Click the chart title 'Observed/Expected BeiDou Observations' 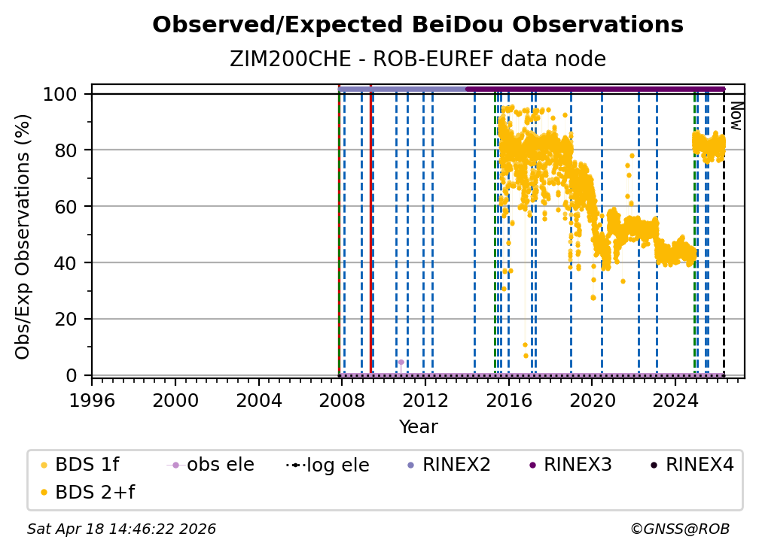418,26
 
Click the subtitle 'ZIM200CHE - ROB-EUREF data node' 418,59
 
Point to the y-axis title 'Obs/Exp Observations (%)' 23,236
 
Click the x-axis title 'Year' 418,427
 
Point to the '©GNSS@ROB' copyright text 679,529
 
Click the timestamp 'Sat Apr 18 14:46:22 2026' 122,529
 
